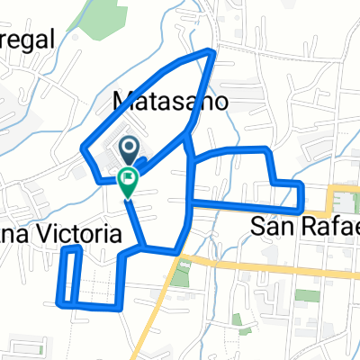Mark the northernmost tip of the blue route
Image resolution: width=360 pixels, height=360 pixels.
tap(213, 50)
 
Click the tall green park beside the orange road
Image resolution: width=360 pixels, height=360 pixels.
tap(183, 275)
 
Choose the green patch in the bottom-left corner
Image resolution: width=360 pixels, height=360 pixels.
tap(24, 347)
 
